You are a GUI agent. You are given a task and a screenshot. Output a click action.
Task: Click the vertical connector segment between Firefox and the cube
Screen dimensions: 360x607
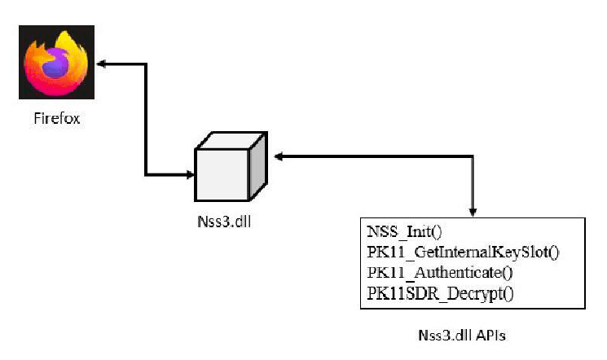146,118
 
